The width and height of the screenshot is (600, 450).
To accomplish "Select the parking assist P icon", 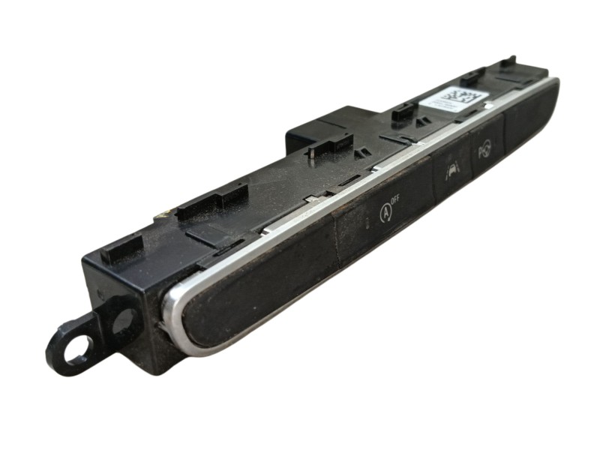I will click(484, 153).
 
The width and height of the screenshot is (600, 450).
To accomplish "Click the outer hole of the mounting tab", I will click(76, 349).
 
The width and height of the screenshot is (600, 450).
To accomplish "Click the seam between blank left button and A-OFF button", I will click(337, 240).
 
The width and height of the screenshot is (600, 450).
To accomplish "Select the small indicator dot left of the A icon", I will click(367, 223).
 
